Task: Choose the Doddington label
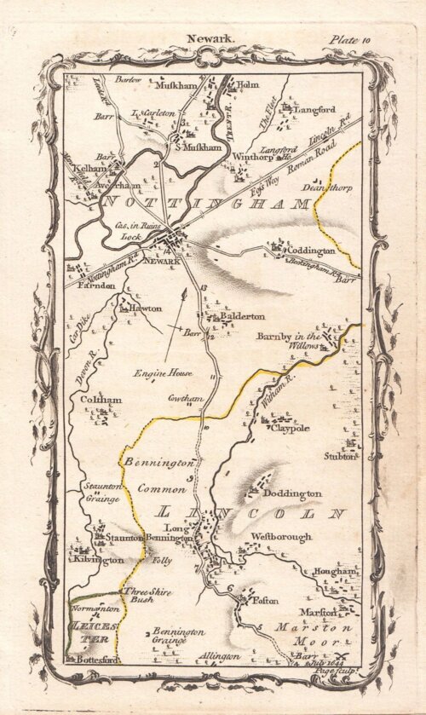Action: click(291, 493)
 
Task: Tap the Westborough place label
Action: click(281, 537)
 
